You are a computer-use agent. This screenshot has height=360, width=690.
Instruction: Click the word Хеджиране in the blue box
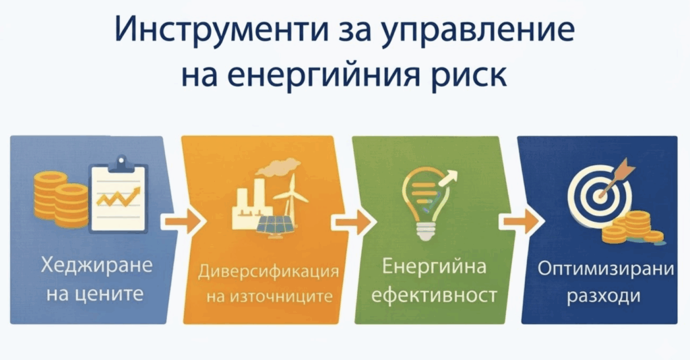97,266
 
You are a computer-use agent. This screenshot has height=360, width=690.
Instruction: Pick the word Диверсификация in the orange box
268,271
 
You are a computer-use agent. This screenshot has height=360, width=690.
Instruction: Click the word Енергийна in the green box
434,266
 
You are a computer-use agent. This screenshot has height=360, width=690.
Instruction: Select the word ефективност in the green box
434,295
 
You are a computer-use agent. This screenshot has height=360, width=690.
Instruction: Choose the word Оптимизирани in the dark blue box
606,268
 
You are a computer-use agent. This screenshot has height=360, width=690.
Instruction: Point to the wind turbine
290,196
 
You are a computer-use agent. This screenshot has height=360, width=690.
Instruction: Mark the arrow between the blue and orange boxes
183,220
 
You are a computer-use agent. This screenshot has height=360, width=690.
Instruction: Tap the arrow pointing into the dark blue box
522,220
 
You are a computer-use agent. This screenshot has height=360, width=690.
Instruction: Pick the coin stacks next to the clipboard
61,199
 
